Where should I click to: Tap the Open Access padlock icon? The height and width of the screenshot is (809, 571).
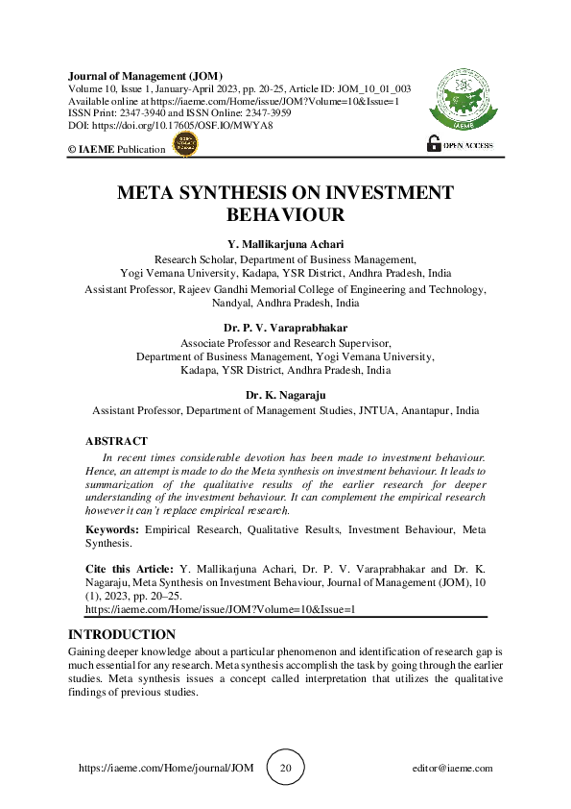(432, 145)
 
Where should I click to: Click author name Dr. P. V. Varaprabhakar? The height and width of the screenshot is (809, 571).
(285, 328)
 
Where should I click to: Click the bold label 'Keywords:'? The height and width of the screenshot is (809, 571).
(112, 529)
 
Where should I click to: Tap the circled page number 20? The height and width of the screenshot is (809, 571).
(285, 768)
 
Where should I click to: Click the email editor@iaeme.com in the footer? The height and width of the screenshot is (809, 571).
(450, 768)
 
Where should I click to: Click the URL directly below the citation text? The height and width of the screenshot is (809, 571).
(221, 609)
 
